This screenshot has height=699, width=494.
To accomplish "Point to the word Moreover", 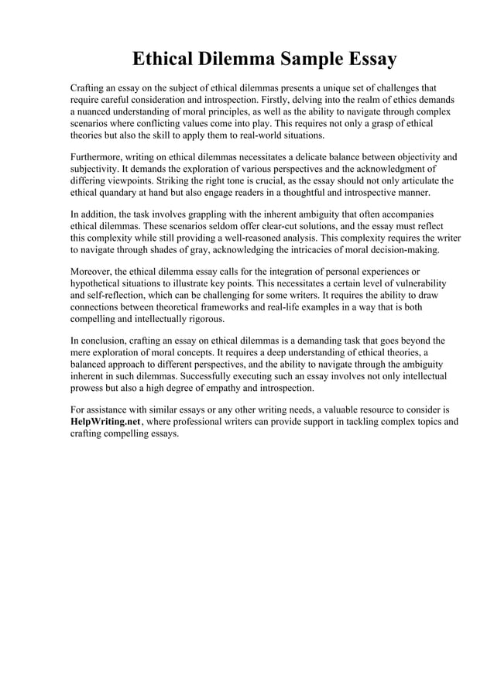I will coord(91,271).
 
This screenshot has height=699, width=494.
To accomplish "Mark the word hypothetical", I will coord(101,283).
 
